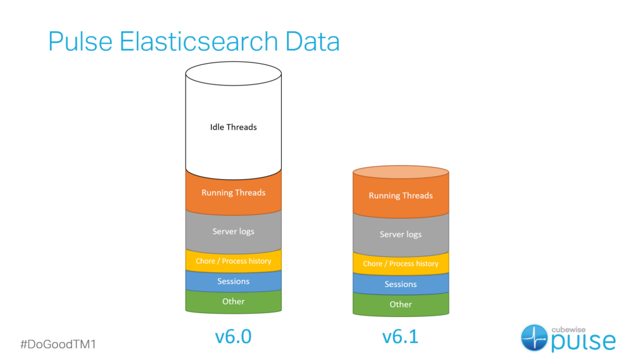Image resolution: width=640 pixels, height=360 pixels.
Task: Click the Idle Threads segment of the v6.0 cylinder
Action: [x=233, y=127]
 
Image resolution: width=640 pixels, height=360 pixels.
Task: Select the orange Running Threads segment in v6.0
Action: [x=233, y=192]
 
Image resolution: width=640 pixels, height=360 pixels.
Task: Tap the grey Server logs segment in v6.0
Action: [x=233, y=231]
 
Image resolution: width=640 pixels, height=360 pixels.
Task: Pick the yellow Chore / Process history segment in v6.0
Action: [x=233, y=261]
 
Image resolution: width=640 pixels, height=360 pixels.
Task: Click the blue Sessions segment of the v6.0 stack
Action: [x=233, y=281]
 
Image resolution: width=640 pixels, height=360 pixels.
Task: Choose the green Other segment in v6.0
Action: [x=233, y=301]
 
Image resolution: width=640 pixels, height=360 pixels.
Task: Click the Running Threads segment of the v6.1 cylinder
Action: [x=401, y=196]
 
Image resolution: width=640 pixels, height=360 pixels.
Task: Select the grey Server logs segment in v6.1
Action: [x=401, y=234]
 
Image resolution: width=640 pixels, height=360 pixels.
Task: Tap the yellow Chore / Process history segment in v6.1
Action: [x=401, y=264]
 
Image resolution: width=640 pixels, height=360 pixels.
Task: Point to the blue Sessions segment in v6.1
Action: [x=401, y=284]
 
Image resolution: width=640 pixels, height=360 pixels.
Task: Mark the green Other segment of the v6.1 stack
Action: [x=401, y=304]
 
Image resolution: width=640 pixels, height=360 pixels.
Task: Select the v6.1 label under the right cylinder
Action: [x=401, y=337]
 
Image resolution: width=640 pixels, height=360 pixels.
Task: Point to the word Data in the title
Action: [x=312, y=41]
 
